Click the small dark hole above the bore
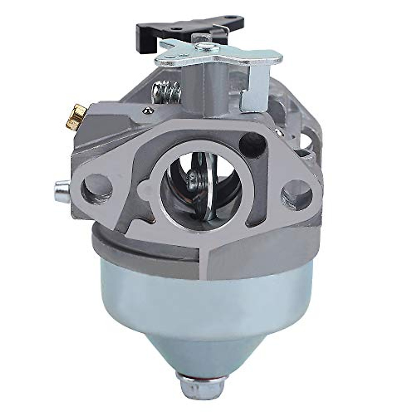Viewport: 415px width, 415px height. [249, 140]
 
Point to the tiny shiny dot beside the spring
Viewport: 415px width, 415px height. [148, 110]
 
